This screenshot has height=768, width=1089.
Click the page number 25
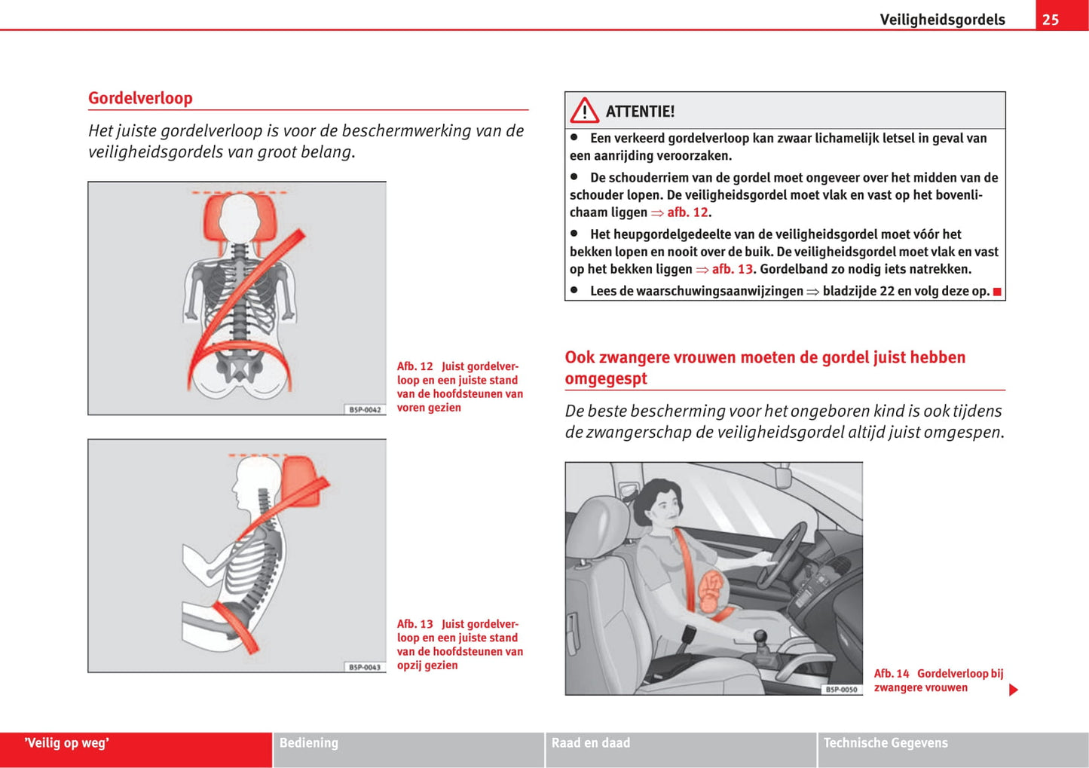pos(1051,20)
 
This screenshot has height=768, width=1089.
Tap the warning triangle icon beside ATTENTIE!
pos(584,111)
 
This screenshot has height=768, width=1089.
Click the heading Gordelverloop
pos(140,98)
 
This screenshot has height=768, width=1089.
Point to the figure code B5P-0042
pos(366,409)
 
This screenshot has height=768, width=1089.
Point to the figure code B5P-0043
pos(366,667)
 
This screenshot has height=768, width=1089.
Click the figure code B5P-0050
pos(842,689)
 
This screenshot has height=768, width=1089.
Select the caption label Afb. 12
pos(415,367)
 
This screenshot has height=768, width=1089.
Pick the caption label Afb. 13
pos(415,624)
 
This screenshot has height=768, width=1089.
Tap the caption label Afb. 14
pos(892,674)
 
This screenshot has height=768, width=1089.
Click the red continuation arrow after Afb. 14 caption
pos(1014,690)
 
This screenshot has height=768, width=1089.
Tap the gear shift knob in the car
pos(760,638)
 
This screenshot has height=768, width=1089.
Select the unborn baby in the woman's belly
pos(713,592)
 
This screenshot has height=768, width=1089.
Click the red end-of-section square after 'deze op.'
pos(997,292)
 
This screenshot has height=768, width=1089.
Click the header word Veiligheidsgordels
pos(942,20)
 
